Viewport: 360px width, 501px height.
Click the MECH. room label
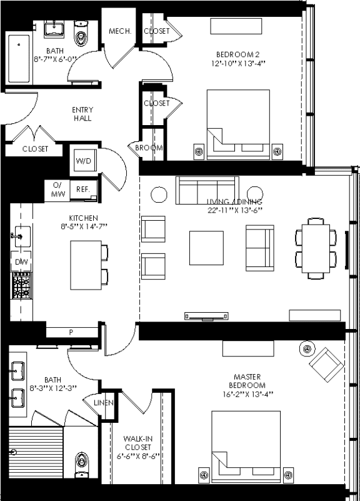coord(119,31)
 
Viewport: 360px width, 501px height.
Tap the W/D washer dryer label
coord(83,161)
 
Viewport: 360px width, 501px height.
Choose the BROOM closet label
coord(149,148)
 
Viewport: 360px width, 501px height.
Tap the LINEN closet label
coord(103,403)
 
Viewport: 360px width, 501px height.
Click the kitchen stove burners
coord(21,287)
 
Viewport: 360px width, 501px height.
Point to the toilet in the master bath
coord(81,463)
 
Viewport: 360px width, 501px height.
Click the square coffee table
coord(206,248)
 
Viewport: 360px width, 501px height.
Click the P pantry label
coord(71,332)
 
